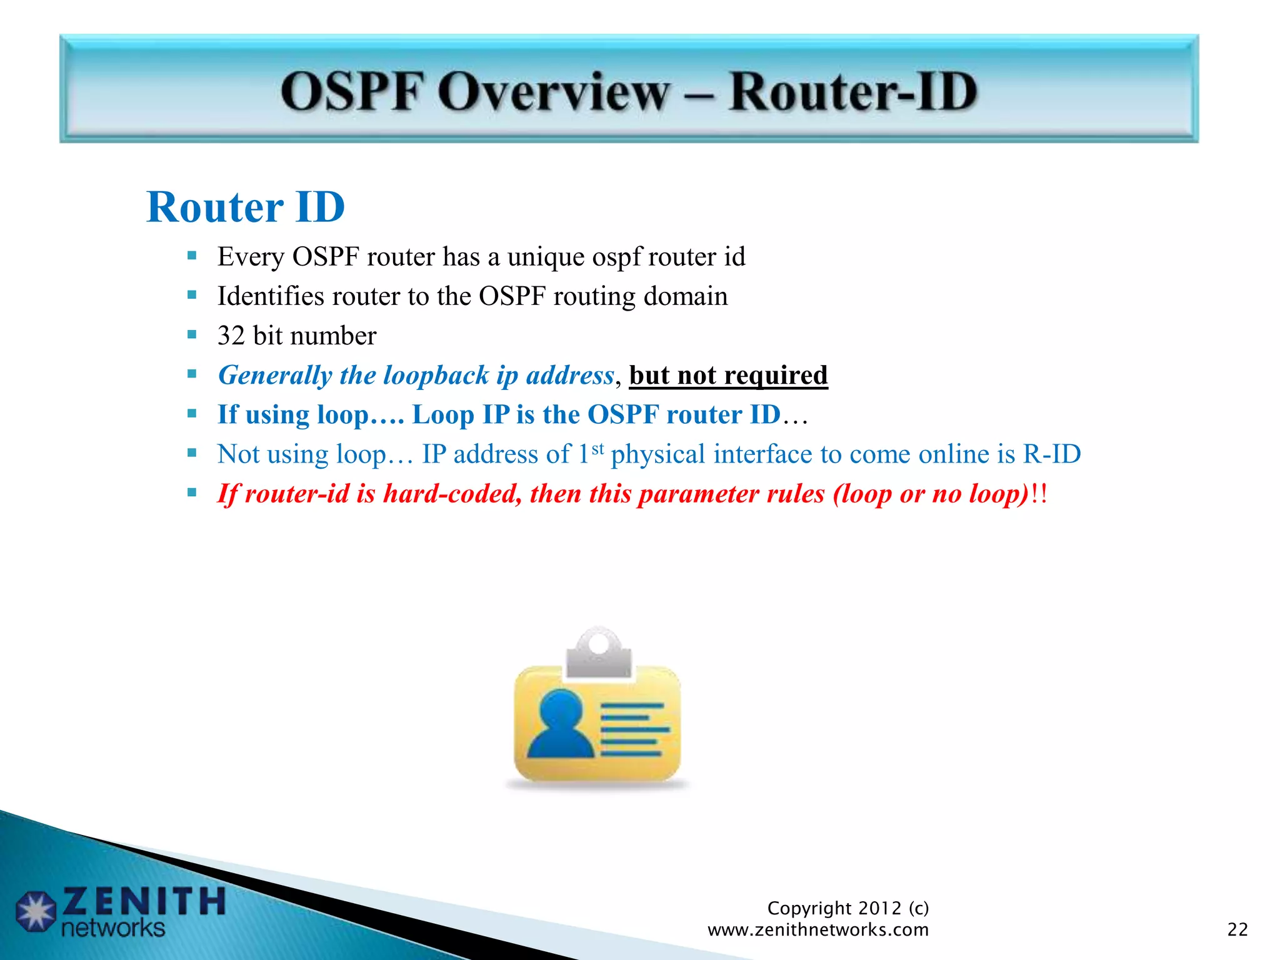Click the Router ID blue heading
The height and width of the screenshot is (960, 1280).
point(246,207)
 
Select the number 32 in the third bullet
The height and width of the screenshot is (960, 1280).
point(231,336)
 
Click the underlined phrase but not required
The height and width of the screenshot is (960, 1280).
point(728,376)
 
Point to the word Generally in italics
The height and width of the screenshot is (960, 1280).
point(275,376)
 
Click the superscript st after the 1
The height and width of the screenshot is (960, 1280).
point(597,447)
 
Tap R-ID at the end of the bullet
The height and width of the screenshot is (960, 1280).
point(1051,454)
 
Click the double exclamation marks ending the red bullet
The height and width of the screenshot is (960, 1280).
point(1039,494)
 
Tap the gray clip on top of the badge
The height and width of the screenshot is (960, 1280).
point(599,653)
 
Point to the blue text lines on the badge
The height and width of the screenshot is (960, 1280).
point(633,729)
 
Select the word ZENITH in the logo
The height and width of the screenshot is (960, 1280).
point(144,901)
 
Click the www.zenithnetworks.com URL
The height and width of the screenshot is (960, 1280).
point(817,930)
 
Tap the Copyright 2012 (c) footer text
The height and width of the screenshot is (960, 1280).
point(847,907)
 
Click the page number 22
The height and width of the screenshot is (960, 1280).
point(1237,930)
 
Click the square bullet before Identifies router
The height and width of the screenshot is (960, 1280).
point(192,295)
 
